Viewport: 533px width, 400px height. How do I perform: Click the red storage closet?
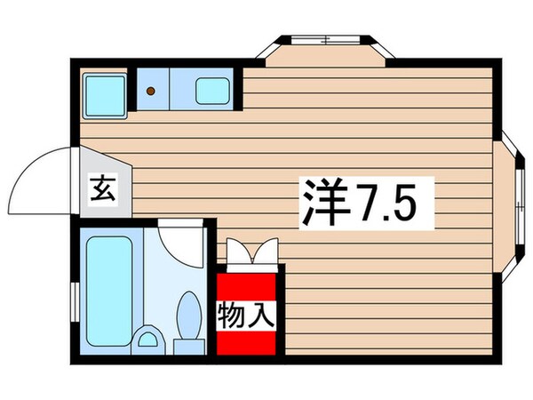pos(249,307)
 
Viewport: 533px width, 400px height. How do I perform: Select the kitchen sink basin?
pos(211,90)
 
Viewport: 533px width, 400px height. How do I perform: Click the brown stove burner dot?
pos(151,91)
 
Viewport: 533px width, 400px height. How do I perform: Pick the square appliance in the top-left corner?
pos(103,92)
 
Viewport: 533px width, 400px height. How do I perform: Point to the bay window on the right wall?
pos(514,204)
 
